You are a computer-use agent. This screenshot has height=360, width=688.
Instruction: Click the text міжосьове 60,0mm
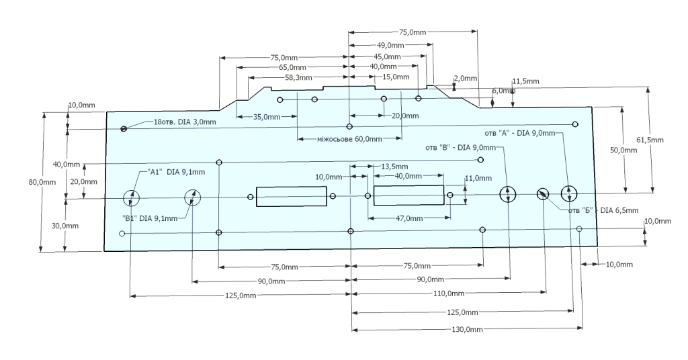pyautogui.click(x=349, y=139)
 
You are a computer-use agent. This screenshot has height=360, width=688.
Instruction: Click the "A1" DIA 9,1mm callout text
pyautogui.click(x=176, y=172)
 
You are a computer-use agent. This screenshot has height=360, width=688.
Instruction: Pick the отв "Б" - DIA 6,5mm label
pyautogui.click(x=602, y=210)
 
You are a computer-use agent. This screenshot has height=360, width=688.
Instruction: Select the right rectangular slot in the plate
pyautogui.click(x=408, y=195)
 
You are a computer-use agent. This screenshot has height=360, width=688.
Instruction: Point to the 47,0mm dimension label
pyautogui.click(x=408, y=218)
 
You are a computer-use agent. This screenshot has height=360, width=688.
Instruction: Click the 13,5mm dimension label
pyautogui.click(x=394, y=166)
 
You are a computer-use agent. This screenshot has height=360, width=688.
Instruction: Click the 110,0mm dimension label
pyautogui.click(x=446, y=294)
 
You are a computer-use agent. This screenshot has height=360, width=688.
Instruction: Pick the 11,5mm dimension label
pyautogui.click(x=525, y=81)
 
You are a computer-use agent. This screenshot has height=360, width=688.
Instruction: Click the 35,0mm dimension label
pyautogui.click(x=267, y=117)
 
